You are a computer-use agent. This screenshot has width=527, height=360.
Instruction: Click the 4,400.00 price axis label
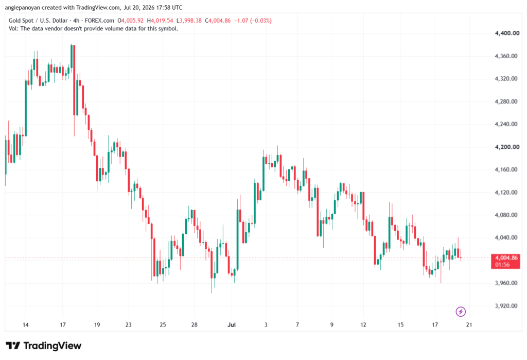pos(507,33)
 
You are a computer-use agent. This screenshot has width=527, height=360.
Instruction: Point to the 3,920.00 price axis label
pos(506,306)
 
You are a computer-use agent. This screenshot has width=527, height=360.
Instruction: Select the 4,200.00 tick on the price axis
pos(507,147)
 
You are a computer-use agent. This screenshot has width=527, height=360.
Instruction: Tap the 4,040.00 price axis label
pos(506,237)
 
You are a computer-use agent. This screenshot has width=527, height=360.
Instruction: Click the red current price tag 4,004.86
pos(505,261)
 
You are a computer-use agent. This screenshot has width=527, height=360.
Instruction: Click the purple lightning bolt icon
pos(461,312)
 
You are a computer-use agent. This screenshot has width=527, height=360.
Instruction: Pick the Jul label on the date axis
pos(232,324)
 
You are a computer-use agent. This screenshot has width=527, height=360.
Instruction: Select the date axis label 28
pos(194,324)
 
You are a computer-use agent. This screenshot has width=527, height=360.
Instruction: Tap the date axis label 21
pos(469,324)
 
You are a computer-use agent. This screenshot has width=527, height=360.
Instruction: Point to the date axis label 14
pos(26,324)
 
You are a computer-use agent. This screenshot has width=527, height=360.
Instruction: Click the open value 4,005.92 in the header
pos(132,21)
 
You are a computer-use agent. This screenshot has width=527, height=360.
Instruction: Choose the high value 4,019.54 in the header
pos(162,21)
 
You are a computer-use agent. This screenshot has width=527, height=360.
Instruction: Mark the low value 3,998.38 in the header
pos(190,21)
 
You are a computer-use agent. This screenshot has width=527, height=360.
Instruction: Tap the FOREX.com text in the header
pos(99,21)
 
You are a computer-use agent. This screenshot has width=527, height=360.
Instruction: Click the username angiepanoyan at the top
pos(22,7)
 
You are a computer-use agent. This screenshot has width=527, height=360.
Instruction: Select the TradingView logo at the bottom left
pos(43,346)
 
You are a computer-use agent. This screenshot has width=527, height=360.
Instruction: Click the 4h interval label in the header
pos(76,21)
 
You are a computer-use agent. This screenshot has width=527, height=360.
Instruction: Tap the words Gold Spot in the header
pos(21,21)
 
